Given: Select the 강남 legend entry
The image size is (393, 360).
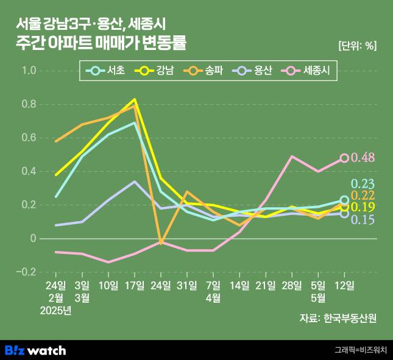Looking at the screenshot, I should [x=157, y=71].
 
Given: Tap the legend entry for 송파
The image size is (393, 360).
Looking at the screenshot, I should [x=207, y=71].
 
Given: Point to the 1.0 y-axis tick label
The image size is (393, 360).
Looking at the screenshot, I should [x=29, y=71].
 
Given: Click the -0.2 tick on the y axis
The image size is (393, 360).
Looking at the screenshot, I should [x=27, y=272].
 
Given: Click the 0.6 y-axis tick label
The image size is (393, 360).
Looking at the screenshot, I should [x=29, y=138].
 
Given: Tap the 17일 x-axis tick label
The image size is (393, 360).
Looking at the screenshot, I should [x=135, y=285].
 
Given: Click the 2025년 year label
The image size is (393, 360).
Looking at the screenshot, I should [x=55, y=311].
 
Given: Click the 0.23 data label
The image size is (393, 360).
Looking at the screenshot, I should [x=363, y=184].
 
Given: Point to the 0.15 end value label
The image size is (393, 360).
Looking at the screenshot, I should [x=363, y=219].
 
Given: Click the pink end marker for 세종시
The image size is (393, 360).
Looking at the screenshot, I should [x=344, y=158].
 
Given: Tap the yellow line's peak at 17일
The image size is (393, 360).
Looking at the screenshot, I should [x=135, y=99].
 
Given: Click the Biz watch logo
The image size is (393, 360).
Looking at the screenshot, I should [x=35, y=350].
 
